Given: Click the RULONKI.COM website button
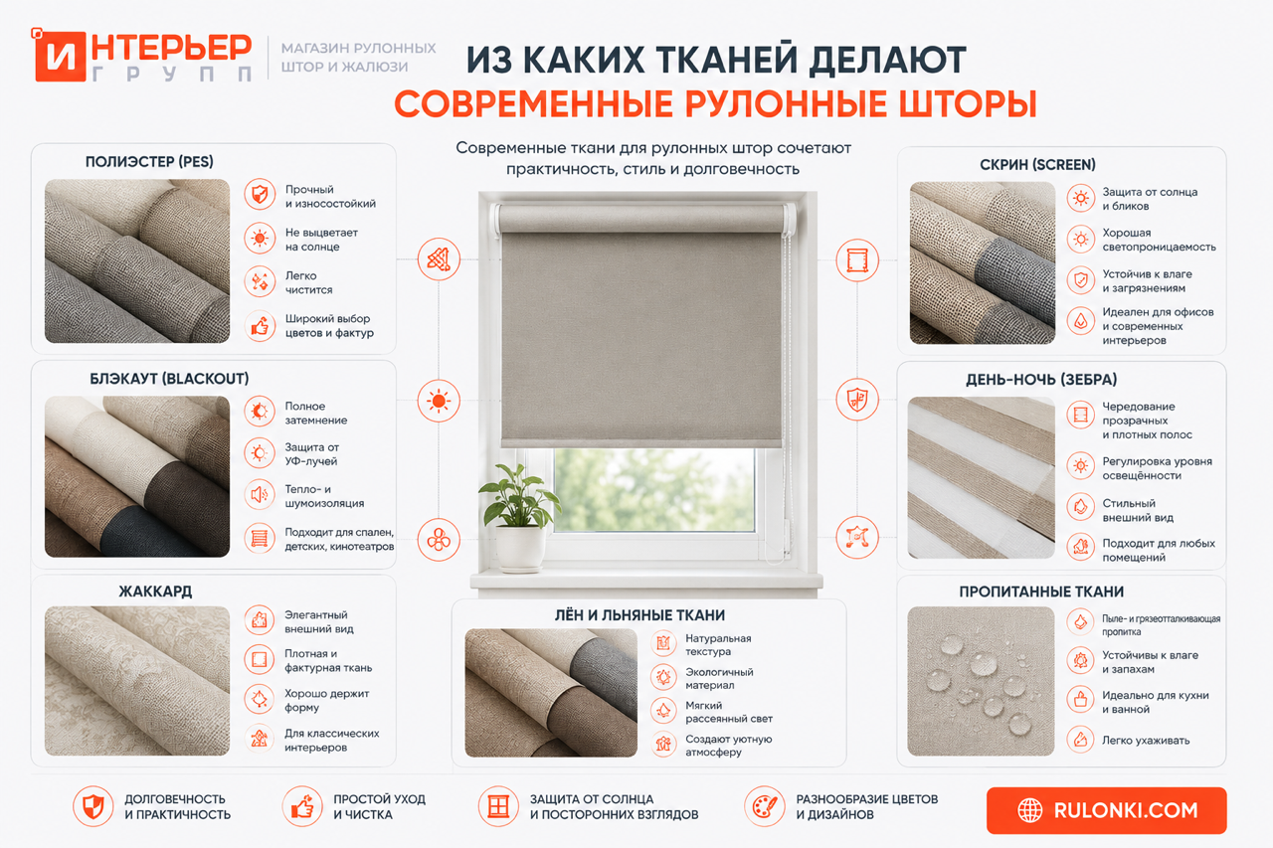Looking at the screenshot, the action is coord(1107,810).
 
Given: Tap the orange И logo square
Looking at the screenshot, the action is coord(60,57).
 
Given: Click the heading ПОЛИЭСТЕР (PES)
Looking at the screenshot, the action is coord(149,162).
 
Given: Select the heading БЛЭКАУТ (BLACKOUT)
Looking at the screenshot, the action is coord(169,379).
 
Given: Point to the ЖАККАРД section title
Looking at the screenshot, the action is coord(155,592).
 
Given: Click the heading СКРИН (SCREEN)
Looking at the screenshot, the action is coord(1037,165).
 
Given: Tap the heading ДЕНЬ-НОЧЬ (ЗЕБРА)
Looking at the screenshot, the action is coord(1041,380).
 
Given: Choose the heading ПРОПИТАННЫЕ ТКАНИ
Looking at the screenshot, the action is coord(1041,592).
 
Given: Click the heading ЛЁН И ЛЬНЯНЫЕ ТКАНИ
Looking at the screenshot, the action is coord(639,615).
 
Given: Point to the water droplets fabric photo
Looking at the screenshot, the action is coord(981,681).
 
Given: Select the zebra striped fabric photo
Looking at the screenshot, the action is coord(981,477).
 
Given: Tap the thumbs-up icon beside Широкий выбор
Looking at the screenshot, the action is coord(260,326).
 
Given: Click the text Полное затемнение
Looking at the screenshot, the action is coord(316,413).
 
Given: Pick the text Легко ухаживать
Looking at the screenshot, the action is coord(1146,740).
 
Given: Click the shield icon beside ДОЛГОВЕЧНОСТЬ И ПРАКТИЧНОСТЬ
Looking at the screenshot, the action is coord(93,806).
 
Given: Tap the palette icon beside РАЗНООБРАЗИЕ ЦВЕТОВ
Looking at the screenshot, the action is coord(765,806).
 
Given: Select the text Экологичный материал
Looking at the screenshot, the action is coord(719,679).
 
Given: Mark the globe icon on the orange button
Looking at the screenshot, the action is coord(1029,810).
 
